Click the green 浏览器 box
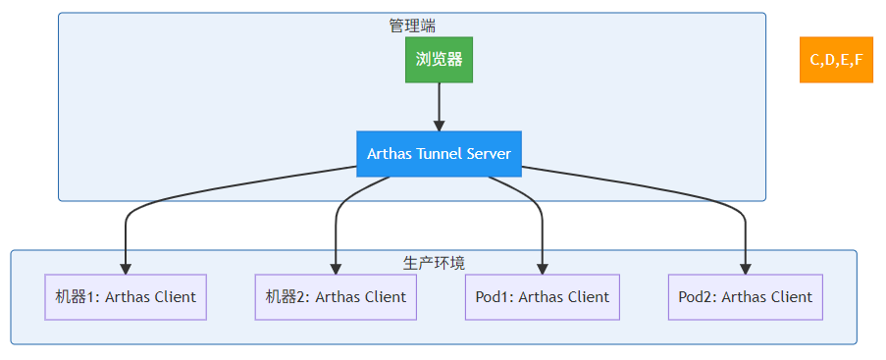[x=439, y=60]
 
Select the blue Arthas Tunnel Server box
[x=439, y=154]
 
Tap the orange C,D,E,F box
[x=836, y=60]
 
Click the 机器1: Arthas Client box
[x=126, y=296]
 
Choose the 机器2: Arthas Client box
[x=337, y=296]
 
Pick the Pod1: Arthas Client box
[x=543, y=296]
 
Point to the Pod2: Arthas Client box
[x=746, y=296]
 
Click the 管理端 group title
[x=411, y=26]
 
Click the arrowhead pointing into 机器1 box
[x=126, y=267]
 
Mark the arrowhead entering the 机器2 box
[x=337, y=267]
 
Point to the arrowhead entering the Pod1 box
[x=543, y=267]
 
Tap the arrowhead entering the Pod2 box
[x=746, y=267]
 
